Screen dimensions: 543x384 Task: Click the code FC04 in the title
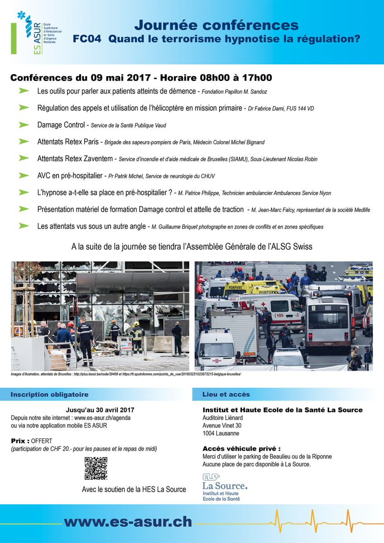(88, 39)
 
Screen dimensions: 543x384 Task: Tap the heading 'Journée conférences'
(216, 24)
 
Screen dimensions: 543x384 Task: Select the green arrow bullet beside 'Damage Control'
(24, 124)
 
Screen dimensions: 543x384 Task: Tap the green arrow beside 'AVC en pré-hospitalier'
(24, 176)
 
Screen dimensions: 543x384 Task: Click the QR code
(96, 468)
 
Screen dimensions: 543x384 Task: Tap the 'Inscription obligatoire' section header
(50, 395)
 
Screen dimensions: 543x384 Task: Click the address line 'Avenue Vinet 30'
(222, 425)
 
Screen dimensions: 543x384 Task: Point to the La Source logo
(225, 487)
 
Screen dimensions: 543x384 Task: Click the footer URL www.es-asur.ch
(128, 522)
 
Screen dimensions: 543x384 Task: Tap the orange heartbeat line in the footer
(317, 520)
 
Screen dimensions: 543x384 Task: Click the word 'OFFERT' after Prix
(42, 441)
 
